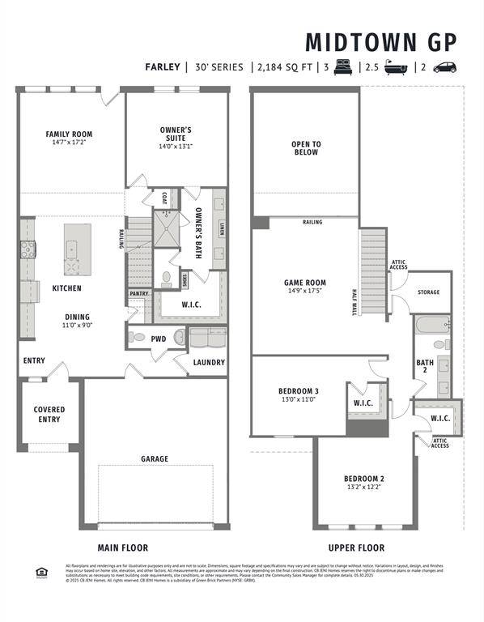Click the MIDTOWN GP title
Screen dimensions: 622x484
click(x=380, y=41)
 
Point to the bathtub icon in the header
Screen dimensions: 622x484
click(x=395, y=67)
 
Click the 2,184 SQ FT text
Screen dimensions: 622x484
click(x=282, y=67)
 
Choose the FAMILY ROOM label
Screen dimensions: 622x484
click(x=69, y=134)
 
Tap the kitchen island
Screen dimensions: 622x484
click(x=78, y=249)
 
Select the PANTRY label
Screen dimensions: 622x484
click(x=138, y=293)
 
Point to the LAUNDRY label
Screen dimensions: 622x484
click(x=209, y=362)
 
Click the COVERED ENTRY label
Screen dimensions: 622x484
click(x=49, y=415)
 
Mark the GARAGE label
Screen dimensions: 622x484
click(x=155, y=459)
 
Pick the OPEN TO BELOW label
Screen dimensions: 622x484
click(x=306, y=148)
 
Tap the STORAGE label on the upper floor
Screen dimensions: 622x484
click(x=428, y=292)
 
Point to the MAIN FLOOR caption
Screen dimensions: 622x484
click(x=123, y=548)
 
